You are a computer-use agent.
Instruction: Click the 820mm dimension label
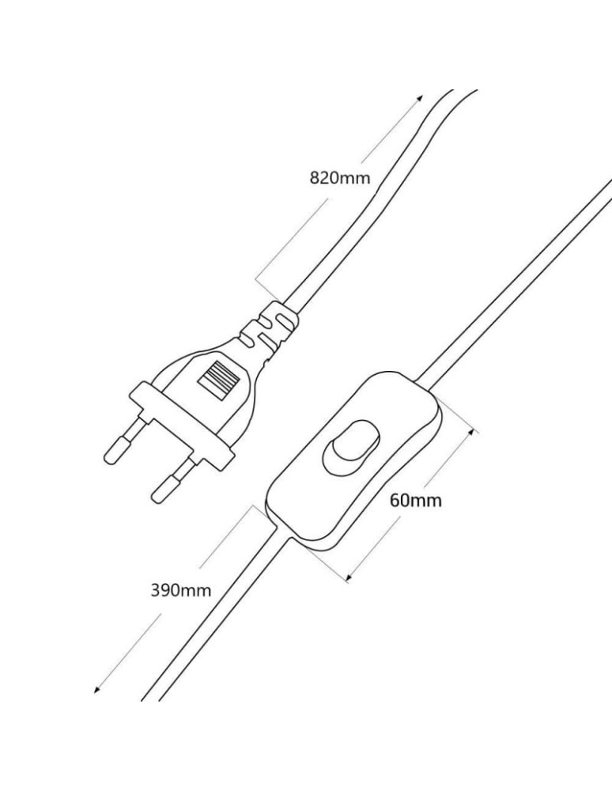pyautogui.click(x=339, y=177)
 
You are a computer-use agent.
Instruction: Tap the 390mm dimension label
pyautogui.click(x=181, y=590)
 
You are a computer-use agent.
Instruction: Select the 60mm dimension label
pyautogui.click(x=415, y=500)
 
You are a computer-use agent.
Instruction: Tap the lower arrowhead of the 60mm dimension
pyautogui.click(x=347, y=579)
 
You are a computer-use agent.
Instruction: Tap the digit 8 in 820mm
pyautogui.click(x=314, y=177)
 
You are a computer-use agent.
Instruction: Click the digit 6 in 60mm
pyautogui.click(x=394, y=500)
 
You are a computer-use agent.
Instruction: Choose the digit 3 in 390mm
pyautogui.click(x=155, y=590)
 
